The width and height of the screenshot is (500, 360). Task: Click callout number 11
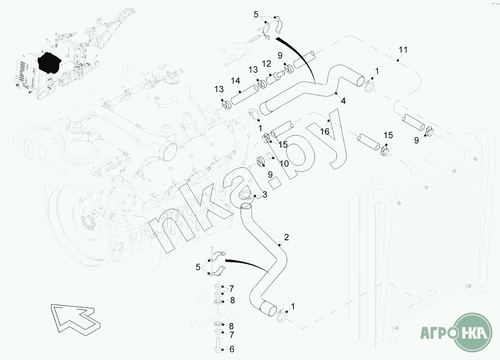pyautogui.click(x=403, y=50)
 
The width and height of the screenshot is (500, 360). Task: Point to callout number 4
pyautogui.click(x=343, y=101)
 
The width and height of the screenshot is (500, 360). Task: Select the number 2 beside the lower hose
pyautogui.click(x=286, y=237)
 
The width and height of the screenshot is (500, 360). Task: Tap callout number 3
pyautogui.click(x=265, y=194)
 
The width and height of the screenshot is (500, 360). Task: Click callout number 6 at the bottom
pyautogui.click(x=232, y=349)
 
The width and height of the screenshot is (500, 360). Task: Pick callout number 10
pyautogui.click(x=284, y=164)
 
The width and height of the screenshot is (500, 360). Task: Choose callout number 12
pyautogui.click(x=266, y=64)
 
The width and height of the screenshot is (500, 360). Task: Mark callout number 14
pyautogui.click(x=235, y=81)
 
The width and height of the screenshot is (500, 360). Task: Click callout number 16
pyautogui.click(x=325, y=131)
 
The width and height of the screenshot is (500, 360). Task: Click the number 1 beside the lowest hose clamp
pyautogui.click(x=293, y=307)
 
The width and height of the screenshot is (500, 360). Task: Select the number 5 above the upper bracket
pyautogui.click(x=256, y=15)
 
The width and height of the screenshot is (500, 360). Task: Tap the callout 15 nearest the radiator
pyautogui.click(x=388, y=135)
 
